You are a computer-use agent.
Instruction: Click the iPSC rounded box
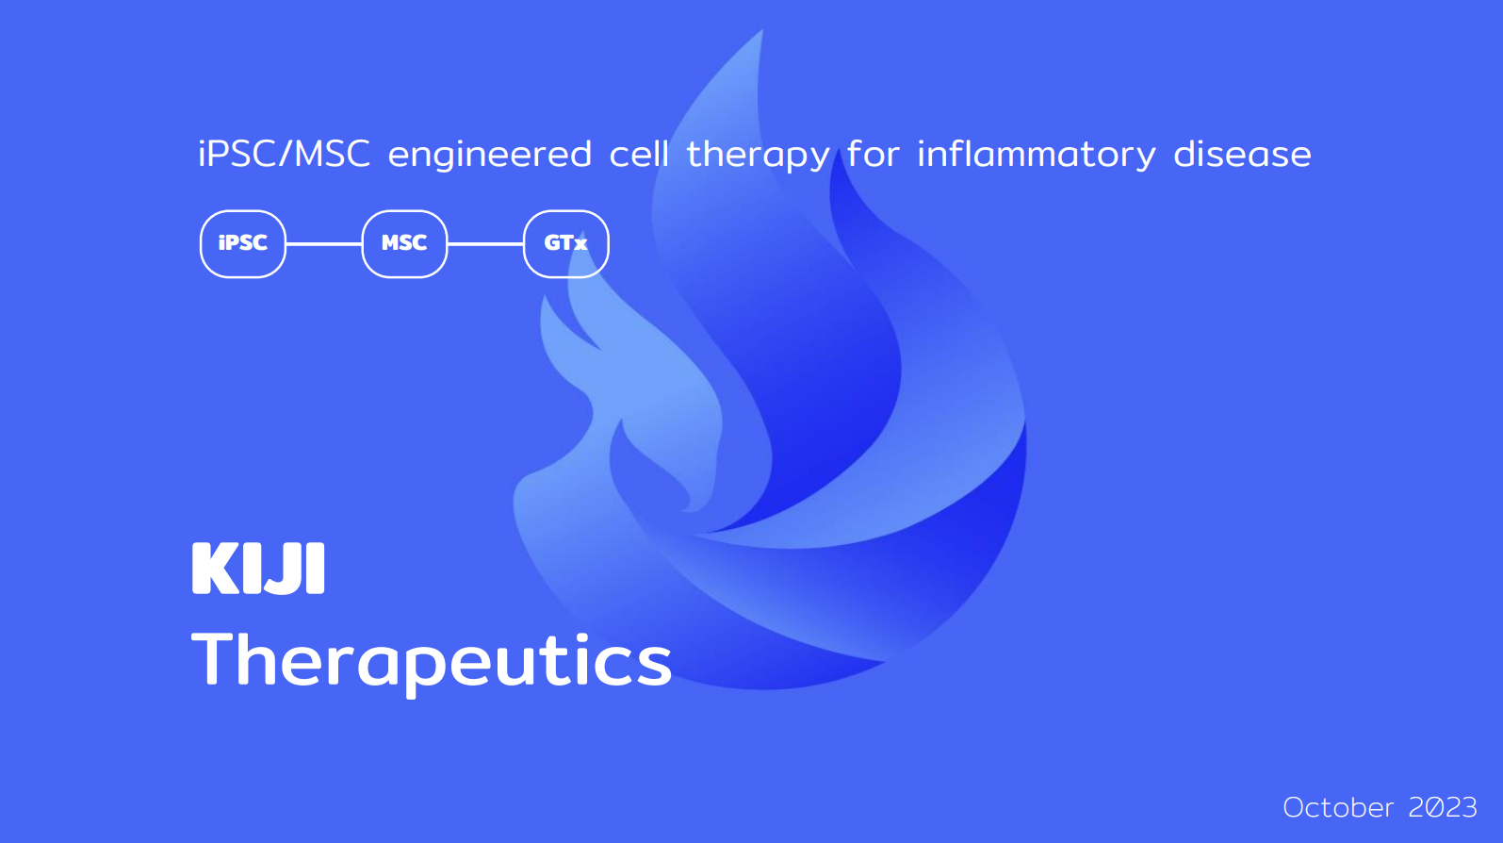pyautogui.click(x=243, y=243)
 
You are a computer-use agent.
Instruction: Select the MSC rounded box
pyautogui.click(x=404, y=243)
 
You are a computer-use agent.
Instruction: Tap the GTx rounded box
pyautogui.click(x=566, y=243)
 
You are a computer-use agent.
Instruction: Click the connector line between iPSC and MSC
pyautogui.click(x=324, y=243)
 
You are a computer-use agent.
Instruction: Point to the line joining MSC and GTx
pyautogui.click(x=486, y=243)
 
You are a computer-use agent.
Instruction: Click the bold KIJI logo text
pyautogui.click(x=258, y=569)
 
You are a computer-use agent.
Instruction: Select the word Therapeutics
pyautogui.click(x=432, y=661)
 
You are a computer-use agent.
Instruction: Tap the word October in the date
pyautogui.click(x=1338, y=807)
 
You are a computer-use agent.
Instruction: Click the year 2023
pyautogui.click(x=1443, y=807)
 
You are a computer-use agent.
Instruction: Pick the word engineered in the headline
pyautogui.click(x=490, y=156)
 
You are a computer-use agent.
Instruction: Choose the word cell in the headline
pyautogui.click(x=639, y=154)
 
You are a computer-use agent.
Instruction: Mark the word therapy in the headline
pyautogui.click(x=759, y=156)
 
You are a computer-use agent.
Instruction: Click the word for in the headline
pyautogui.click(x=873, y=154)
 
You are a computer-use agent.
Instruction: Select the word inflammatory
pyautogui.click(x=1037, y=156)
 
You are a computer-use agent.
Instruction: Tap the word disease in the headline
pyautogui.click(x=1242, y=154)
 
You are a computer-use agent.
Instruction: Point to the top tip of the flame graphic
pyautogui.click(x=762, y=29)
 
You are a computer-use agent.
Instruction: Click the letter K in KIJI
pyautogui.click(x=216, y=569)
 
